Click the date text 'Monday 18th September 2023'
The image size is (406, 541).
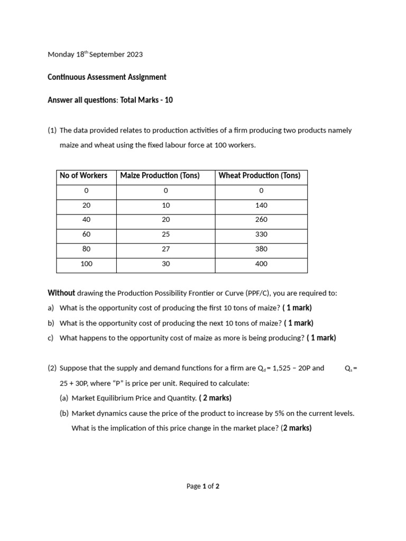pos(95,54)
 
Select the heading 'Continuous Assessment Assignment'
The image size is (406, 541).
pos(107,77)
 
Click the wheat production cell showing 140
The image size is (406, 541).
pos(261,206)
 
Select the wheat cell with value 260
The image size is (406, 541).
pos(261,220)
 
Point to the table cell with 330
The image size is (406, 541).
pos(261,235)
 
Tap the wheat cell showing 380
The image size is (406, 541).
pos(261,249)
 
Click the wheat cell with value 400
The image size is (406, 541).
pos(261,264)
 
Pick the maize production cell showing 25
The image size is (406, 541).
pos(165,235)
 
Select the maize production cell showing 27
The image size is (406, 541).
pos(165,249)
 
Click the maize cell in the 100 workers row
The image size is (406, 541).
pos(165,264)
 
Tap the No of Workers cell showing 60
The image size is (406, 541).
pos(86,235)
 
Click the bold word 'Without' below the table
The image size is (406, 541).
pos(61,293)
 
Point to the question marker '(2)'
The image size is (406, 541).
pos(52,368)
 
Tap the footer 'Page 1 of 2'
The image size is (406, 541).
pos(203,487)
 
